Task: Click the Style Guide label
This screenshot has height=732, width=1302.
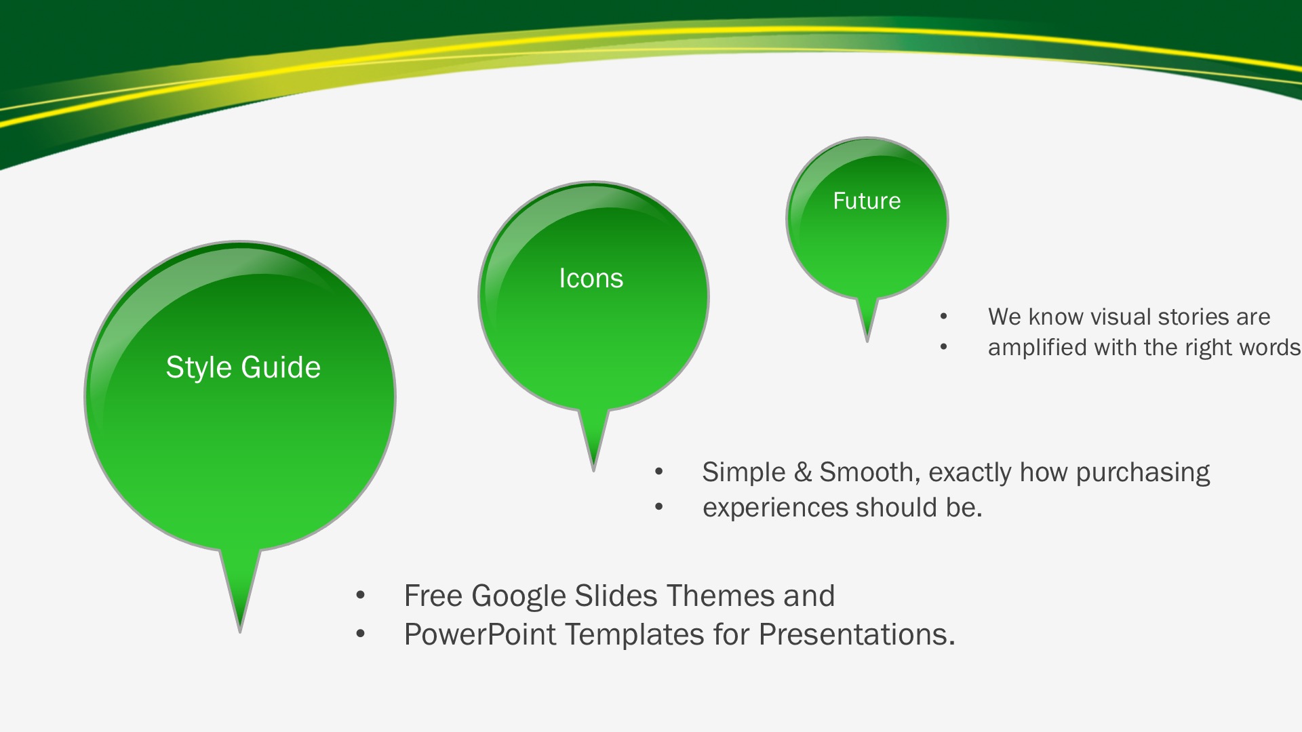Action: click(x=243, y=368)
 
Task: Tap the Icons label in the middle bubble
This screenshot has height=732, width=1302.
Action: click(x=591, y=279)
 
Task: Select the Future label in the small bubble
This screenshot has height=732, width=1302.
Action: click(x=867, y=201)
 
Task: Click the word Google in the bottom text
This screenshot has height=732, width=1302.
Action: click(x=519, y=596)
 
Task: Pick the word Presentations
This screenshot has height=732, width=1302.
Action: click(x=856, y=635)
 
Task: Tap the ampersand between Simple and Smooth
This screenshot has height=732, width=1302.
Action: click(x=803, y=472)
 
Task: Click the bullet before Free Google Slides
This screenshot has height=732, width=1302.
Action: click(x=361, y=596)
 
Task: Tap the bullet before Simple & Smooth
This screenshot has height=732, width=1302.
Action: click(x=659, y=472)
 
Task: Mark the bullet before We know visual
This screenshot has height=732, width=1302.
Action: click(x=944, y=317)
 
